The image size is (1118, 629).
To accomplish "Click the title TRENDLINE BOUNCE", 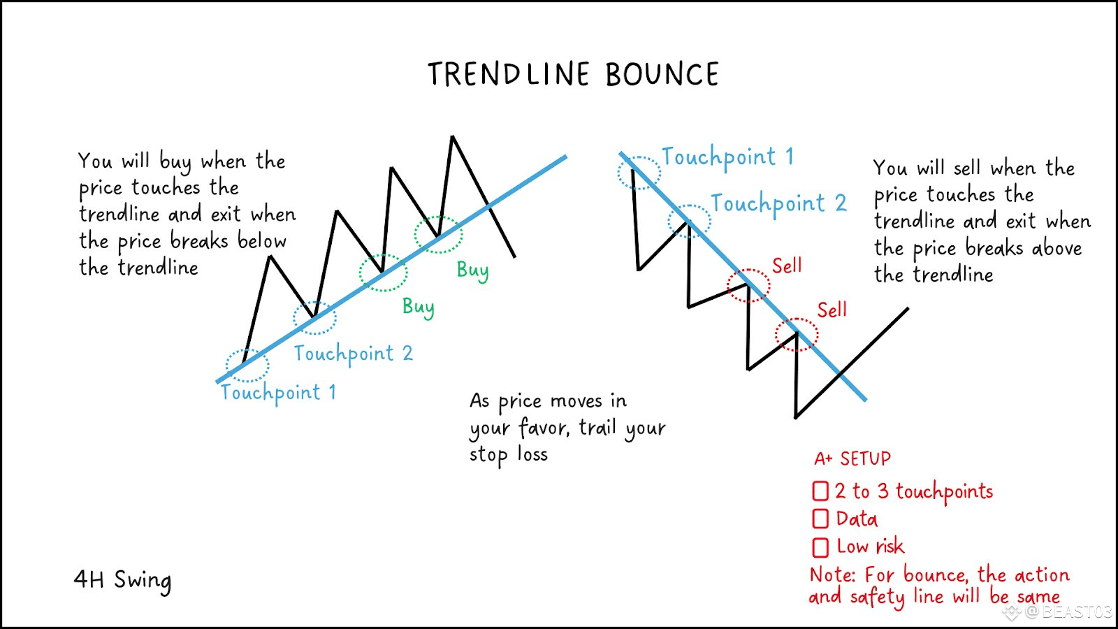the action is pos(573,74).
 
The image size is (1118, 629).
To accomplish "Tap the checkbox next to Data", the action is pos(820,519).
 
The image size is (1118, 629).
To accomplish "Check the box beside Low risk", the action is pos(820,547).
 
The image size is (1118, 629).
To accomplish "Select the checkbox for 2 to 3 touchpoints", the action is pos(820,491).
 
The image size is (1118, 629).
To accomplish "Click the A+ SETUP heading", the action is pos(852,458).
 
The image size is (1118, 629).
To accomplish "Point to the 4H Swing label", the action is pos(122,581).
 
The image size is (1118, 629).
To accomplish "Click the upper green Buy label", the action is pos(472,270).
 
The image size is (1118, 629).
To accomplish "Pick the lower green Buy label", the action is pos(419,307).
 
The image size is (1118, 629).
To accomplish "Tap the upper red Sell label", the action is pos(787,266).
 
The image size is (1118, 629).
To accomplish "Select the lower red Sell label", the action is pos(832,310).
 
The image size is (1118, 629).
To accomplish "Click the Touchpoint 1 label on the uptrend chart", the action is pos(278,393).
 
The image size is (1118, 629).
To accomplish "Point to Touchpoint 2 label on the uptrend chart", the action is pos(353,354).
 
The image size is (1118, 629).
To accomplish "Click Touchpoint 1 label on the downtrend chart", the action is pos(727,157).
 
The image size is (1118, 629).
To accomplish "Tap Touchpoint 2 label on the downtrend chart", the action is pos(778,203).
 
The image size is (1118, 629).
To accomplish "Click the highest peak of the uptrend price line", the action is pos(452,136).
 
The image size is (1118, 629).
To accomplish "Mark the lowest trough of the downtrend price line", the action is pos(796,417).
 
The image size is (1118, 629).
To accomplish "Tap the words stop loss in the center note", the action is pos(508,455).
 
